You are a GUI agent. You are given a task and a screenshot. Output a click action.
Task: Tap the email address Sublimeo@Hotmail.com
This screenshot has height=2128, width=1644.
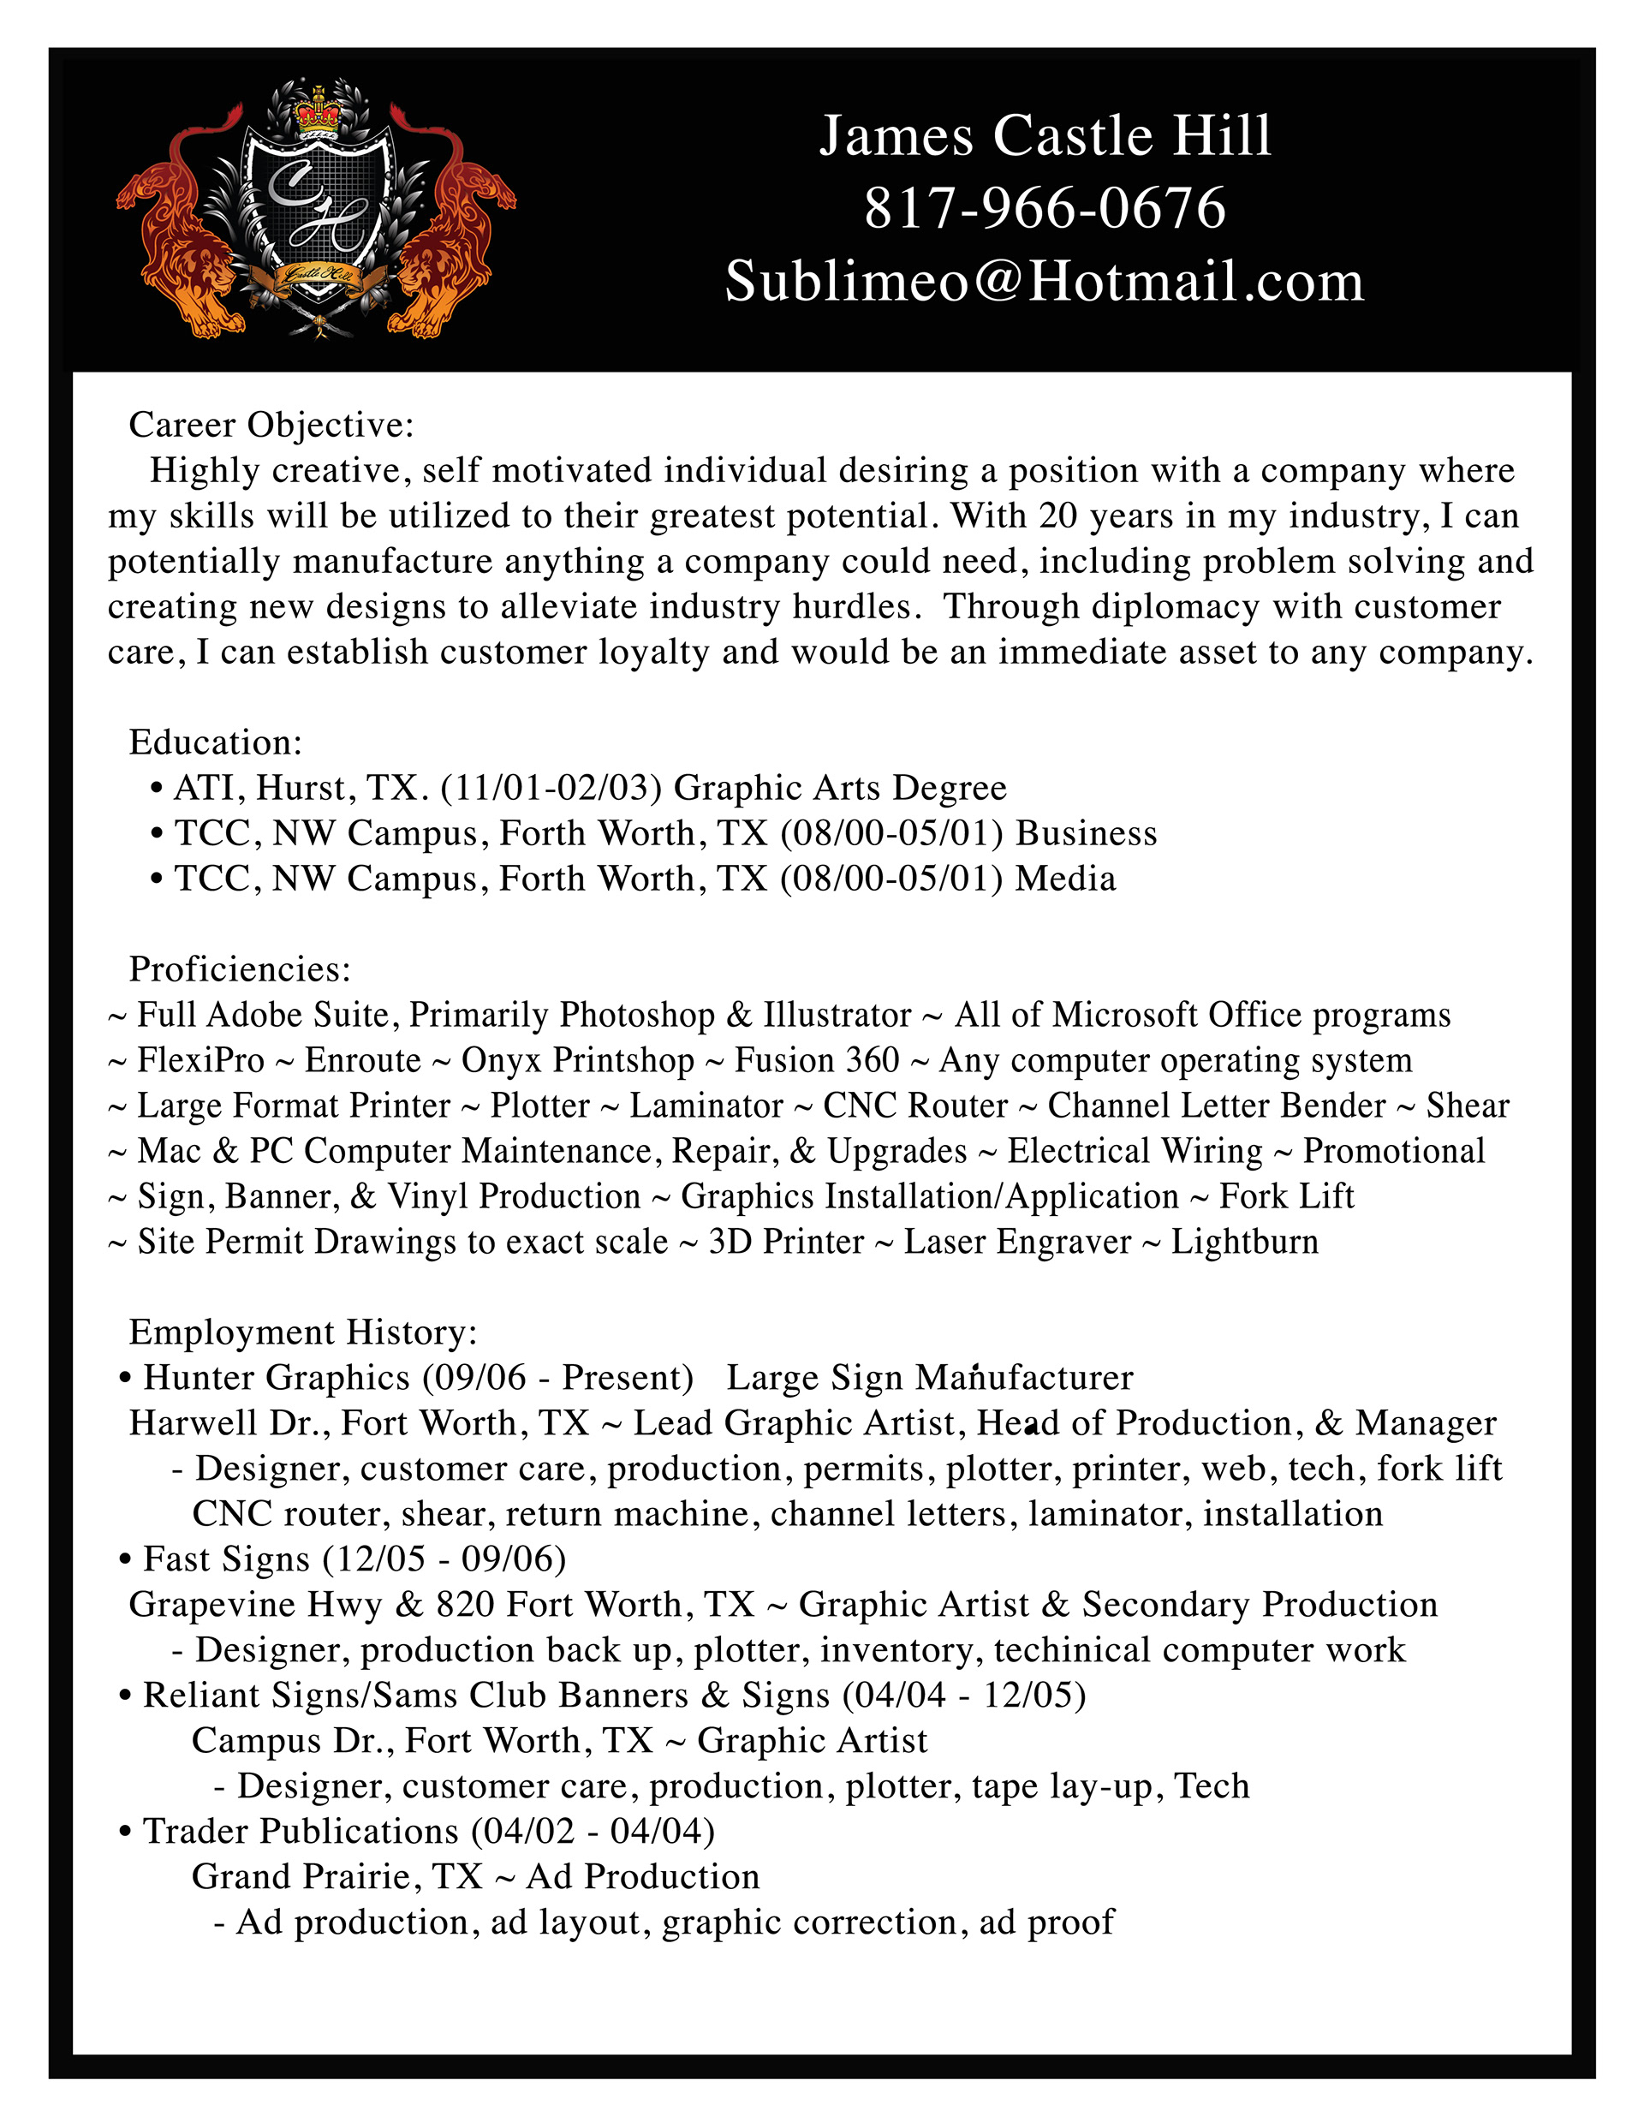tap(1044, 282)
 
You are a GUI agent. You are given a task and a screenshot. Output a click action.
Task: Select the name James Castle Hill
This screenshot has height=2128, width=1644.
tap(1044, 135)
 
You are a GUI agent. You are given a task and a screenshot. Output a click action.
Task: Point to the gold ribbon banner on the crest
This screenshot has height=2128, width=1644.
tap(319, 277)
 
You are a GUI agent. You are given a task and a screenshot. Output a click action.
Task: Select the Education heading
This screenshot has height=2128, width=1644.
tap(216, 742)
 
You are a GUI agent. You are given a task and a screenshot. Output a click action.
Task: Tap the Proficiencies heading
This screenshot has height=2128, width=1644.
tap(240, 969)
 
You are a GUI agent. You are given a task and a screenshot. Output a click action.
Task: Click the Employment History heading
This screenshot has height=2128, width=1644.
tap(303, 1332)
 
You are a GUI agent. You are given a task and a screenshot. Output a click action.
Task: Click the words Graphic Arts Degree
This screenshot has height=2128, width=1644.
tap(840, 788)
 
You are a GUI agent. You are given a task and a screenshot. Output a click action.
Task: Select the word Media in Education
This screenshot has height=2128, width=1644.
tap(1065, 879)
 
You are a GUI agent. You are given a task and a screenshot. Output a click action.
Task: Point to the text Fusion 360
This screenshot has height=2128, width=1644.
tap(817, 1060)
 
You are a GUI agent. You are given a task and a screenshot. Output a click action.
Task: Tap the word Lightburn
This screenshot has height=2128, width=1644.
tap(1244, 1243)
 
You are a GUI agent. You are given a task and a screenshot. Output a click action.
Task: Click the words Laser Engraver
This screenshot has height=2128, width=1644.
tap(1017, 1243)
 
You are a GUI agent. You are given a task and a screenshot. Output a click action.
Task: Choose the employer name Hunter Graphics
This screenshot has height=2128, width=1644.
tap(277, 1378)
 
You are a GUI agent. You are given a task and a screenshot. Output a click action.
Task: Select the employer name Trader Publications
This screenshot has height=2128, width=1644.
tap(301, 1831)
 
